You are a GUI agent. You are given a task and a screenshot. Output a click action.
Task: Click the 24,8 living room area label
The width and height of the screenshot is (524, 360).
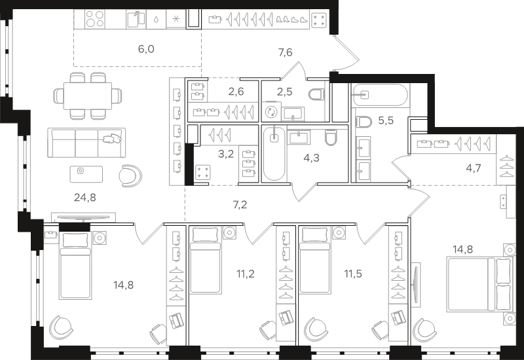[x=85, y=198]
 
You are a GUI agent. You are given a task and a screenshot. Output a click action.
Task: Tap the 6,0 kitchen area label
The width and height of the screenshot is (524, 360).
[x=146, y=49]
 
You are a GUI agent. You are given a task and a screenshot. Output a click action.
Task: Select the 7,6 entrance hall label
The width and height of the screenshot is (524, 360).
[x=285, y=52]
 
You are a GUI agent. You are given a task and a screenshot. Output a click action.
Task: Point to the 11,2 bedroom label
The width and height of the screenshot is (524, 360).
[x=246, y=274]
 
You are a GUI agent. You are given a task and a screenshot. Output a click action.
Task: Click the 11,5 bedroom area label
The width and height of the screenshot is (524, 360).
[x=353, y=274]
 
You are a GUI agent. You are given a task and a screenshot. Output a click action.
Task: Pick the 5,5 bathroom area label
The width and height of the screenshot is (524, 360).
[x=386, y=120]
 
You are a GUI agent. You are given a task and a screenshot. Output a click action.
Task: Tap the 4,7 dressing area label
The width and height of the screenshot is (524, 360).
[x=474, y=168]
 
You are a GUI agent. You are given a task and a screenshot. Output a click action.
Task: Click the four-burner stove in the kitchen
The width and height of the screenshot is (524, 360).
[x=94, y=19]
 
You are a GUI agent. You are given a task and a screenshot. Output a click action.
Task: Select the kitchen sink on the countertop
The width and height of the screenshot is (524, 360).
[x=136, y=20]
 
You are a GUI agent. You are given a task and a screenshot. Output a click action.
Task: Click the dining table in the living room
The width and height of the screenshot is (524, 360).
[x=88, y=96]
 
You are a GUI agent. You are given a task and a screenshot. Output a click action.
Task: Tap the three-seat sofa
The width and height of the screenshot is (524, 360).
[x=86, y=143]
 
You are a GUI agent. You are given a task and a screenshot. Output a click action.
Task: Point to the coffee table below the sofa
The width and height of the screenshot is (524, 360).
[x=86, y=174]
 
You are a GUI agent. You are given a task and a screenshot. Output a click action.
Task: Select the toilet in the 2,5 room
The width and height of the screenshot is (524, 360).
[x=317, y=94]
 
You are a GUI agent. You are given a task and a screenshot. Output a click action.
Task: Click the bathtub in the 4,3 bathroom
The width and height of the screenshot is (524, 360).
[x=274, y=154]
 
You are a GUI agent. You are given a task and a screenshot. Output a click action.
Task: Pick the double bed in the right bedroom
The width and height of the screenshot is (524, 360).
[x=479, y=284]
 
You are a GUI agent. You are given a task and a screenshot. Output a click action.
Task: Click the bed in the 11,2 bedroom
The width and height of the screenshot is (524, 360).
[x=205, y=260]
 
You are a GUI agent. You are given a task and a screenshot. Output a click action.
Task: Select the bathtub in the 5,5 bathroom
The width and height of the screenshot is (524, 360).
[x=381, y=95]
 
